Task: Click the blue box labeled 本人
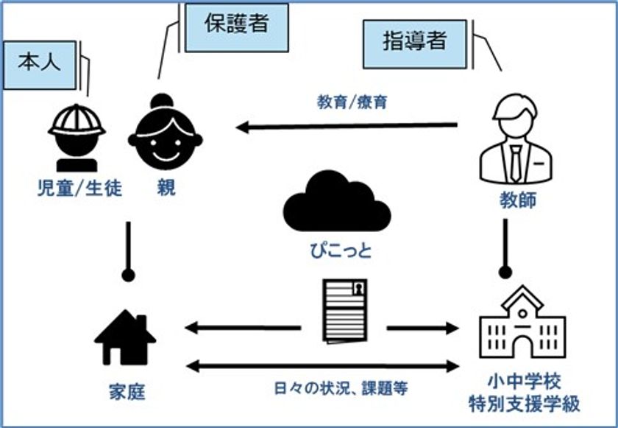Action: (40, 65)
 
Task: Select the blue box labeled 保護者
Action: (237, 27)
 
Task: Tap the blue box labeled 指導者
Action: (415, 44)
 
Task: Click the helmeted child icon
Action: (77, 138)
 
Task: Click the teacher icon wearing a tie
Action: (516, 138)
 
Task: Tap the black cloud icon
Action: (337, 201)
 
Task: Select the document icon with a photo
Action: (345, 311)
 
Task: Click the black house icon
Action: (125, 337)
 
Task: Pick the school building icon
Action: (522, 322)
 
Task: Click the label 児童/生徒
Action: (79, 188)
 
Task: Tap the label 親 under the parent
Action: (166, 188)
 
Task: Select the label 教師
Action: (518, 200)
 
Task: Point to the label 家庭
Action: (127, 392)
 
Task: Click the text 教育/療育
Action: (352, 102)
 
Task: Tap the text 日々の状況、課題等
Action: (341, 388)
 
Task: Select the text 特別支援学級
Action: (524, 404)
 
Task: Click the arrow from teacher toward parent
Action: (347, 127)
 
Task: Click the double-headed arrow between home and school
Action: (322, 366)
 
